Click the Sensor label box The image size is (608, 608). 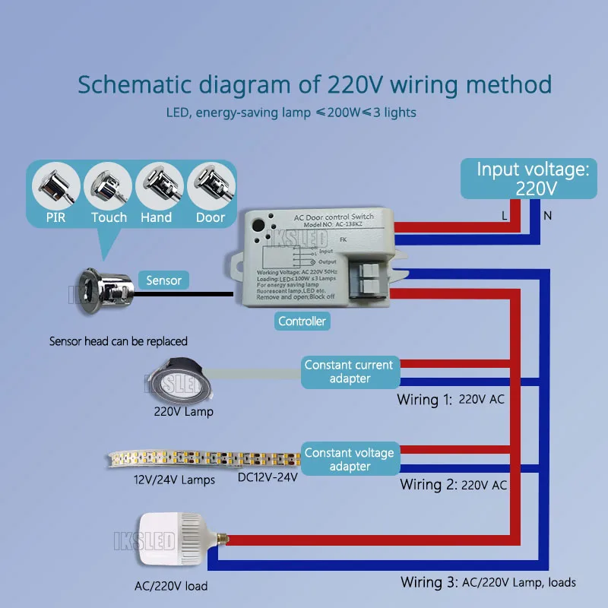click(163, 280)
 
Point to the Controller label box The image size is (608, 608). click(302, 321)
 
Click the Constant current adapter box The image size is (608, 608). click(349, 371)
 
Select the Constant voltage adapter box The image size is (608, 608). click(349, 459)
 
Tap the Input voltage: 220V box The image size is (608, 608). click(533, 179)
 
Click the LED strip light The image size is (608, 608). click(205, 459)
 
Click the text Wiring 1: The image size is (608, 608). click(425, 399)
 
